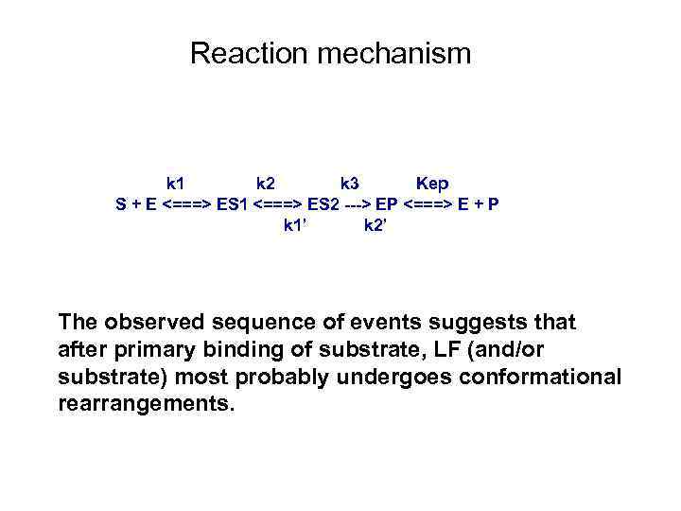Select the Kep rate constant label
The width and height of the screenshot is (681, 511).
432,183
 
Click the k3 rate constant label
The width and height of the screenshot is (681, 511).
349,183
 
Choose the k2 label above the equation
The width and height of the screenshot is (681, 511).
267,183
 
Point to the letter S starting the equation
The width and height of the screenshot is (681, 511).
120,203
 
